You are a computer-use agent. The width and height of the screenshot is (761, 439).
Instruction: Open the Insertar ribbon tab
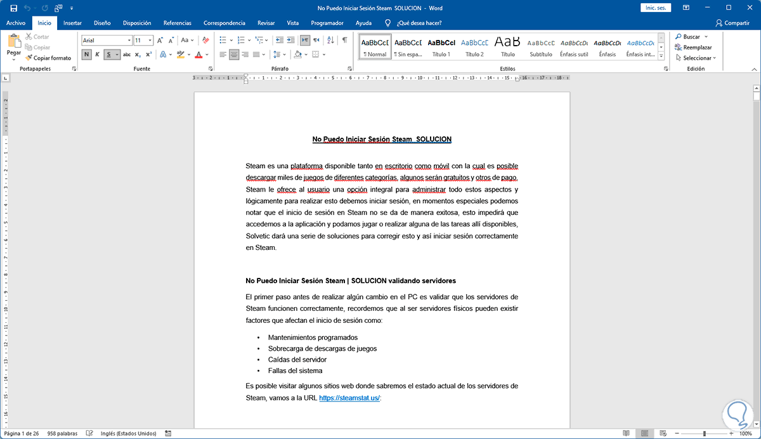coord(72,23)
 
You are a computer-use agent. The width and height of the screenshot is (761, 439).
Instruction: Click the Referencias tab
coord(177,23)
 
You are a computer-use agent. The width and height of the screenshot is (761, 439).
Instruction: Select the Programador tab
coord(327,23)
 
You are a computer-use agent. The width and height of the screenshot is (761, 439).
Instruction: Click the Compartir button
coord(732,23)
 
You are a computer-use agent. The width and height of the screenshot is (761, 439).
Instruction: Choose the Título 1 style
coord(441,47)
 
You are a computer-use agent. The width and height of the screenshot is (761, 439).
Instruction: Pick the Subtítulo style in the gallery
coord(541,47)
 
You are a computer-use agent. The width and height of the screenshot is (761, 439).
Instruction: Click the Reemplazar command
coord(697,48)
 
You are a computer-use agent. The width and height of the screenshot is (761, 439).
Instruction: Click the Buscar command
coord(691,37)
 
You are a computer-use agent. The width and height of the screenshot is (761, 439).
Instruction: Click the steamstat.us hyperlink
coord(349,398)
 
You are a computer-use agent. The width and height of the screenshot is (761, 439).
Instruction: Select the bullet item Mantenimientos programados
coord(313,337)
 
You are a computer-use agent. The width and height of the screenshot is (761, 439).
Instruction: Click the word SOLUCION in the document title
coord(434,139)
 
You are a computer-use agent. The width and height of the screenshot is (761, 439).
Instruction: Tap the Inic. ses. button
coord(656,8)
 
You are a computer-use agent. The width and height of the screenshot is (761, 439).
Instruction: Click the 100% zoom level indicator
coord(745,433)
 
